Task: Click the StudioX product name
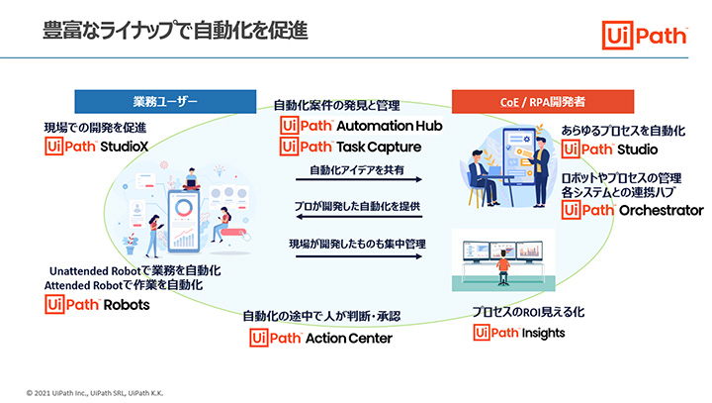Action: coord(124,148)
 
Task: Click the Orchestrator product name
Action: coord(660,211)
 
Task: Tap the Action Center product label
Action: coord(350,338)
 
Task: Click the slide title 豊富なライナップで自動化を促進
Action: coord(174,30)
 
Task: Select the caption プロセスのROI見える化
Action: coord(528,311)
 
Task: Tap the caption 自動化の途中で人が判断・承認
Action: coord(322,316)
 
